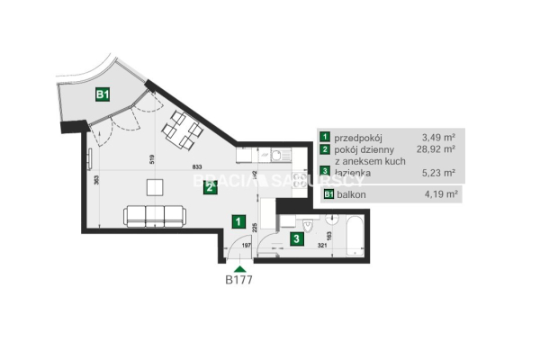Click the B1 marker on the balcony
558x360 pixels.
click(103, 93)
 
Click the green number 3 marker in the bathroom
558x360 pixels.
click(296, 238)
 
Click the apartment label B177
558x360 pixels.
click(239, 279)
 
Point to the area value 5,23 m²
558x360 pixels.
click(437, 173)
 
